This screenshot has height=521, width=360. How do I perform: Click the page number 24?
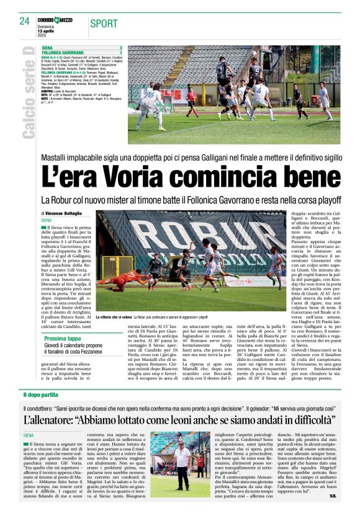[x=24, y=21]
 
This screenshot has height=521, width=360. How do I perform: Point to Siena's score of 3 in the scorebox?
[x=120, y=48]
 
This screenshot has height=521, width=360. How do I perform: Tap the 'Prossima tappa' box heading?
[x=62, y=339]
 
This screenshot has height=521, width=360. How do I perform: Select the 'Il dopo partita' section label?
[x=41, y=395]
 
